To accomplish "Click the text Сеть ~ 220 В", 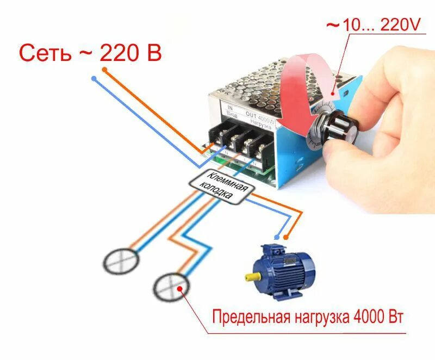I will [90, 53].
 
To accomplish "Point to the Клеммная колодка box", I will [222, 187].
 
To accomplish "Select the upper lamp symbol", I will [121, 262].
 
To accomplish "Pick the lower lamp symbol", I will [170, 285].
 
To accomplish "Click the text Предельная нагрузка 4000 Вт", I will [308, 316].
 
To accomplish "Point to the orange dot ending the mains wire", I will [104, 70].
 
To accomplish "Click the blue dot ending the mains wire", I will [94, 79].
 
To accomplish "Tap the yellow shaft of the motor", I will [252, 277].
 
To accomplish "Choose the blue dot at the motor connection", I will [278, 238].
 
